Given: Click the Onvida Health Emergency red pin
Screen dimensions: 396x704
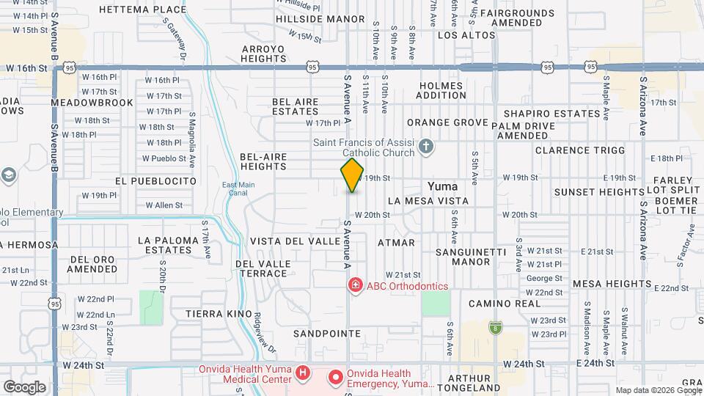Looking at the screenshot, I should (x=336, y=378).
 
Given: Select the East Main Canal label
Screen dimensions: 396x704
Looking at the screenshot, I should (x=238, y=188).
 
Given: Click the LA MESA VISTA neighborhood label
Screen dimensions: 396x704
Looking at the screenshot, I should (x=428, y=200).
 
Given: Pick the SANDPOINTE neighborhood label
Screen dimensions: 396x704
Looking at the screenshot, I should (x=327, y=334).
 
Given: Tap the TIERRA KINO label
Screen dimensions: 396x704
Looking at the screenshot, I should (x=219, y=313).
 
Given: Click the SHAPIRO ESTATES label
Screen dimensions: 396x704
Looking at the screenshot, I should (x=551, y=114).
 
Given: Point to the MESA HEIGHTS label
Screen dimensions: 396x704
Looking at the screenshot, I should (x=611, y=283).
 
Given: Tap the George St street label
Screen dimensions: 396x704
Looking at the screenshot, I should (x=544, y=278).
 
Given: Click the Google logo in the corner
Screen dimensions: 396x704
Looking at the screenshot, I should (x=24, y=386).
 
